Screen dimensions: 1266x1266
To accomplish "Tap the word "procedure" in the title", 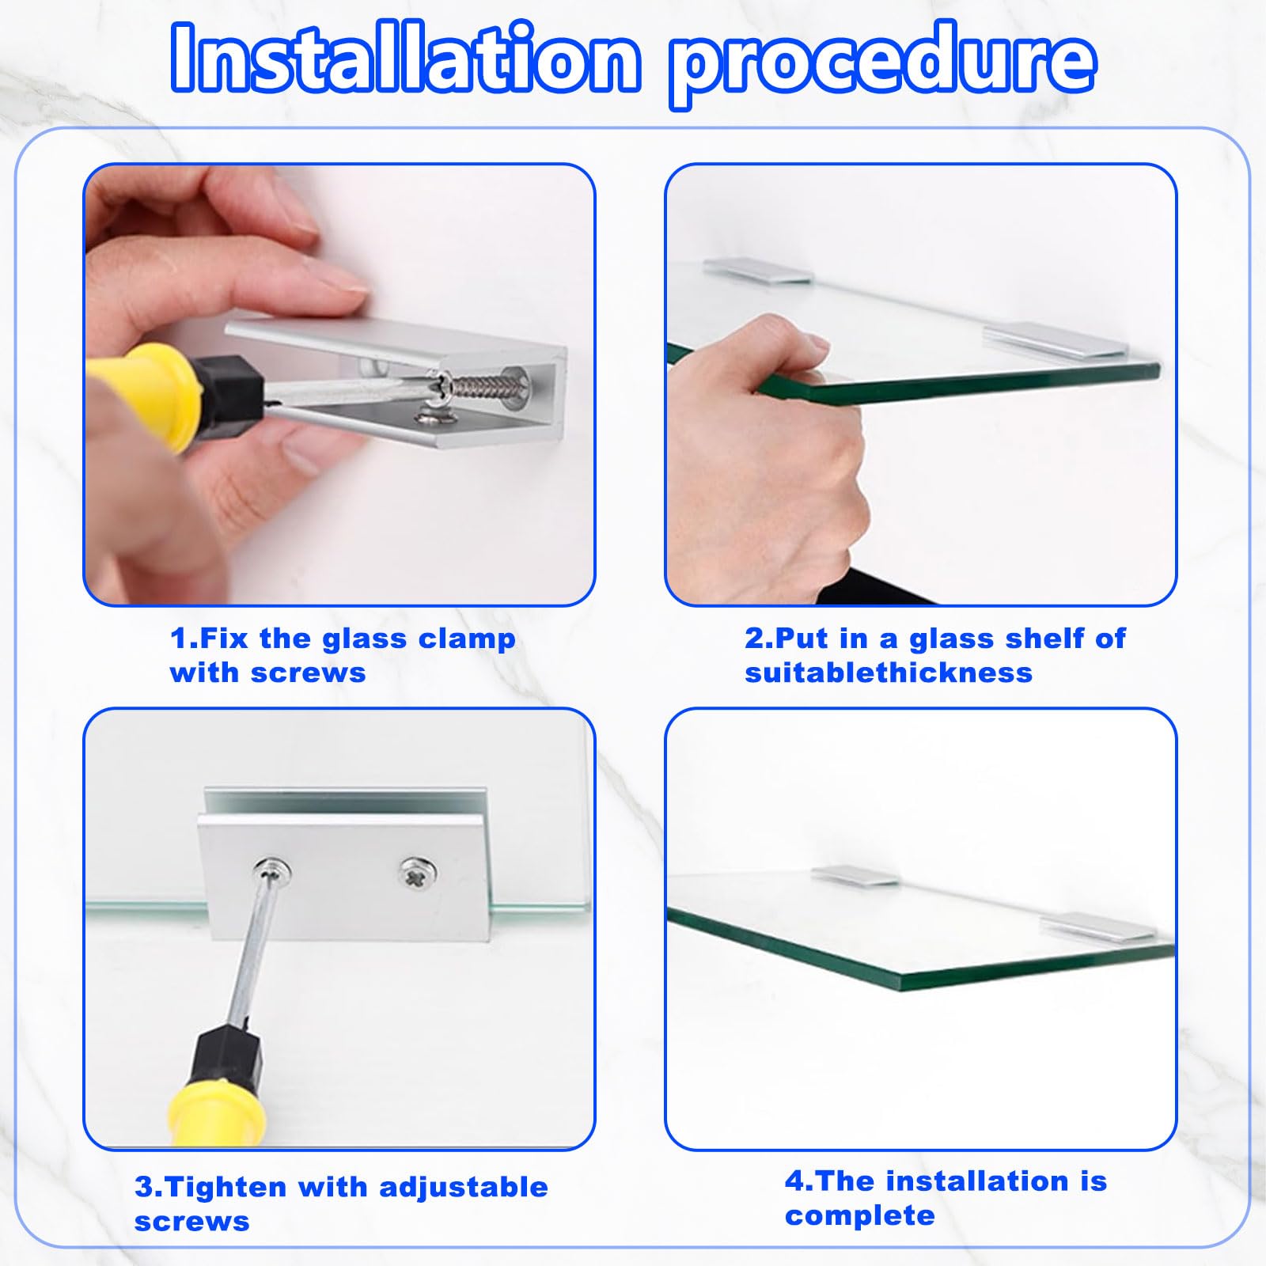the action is [883, 63].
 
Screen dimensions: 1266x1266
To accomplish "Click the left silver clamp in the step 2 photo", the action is [758, 271].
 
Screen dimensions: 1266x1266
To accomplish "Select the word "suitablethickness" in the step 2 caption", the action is [889, 673].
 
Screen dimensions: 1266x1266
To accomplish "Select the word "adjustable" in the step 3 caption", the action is [464, 1188].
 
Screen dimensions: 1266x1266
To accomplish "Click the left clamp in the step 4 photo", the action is [855, 876].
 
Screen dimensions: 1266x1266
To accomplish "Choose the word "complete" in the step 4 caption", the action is [860, 1216].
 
